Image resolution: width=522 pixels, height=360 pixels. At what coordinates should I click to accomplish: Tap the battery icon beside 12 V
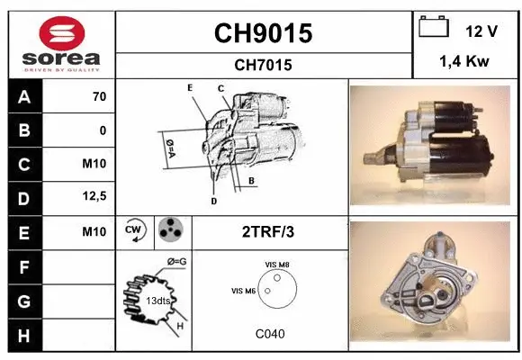pos(434,29)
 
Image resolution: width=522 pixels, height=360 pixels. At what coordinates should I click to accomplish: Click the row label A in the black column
pos(23,97)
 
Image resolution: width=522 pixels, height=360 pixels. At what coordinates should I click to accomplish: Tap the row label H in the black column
pos(23,335)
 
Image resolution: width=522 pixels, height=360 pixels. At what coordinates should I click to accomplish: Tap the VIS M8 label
pos(277,264)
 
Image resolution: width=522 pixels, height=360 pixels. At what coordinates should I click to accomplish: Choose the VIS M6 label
pos(243,290)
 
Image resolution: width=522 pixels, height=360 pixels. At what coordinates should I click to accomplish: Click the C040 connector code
pos(270,334)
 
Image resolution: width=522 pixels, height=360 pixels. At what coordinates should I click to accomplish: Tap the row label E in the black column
pos(23,232)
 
